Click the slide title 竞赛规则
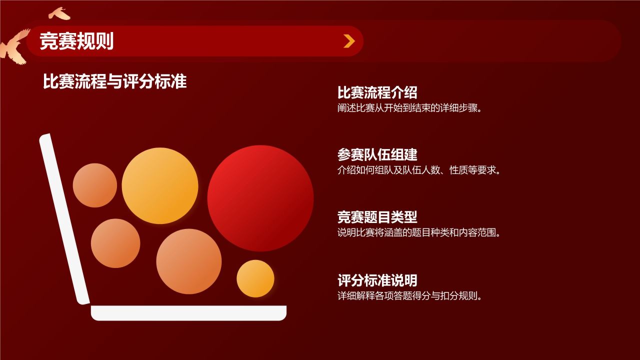76,41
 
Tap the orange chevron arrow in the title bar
349,41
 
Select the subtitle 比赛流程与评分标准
115,81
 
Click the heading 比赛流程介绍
377,92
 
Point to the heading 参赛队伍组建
377,154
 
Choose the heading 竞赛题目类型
377,217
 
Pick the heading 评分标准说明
377,280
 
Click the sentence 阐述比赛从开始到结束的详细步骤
410,108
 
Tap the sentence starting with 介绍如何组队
419,170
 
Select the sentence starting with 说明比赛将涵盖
419,232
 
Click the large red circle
260,198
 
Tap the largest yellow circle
160,185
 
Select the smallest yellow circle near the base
255,278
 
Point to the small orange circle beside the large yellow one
95,185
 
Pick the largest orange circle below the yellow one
188,261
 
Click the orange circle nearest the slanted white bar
115,243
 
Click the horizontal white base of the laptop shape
188,313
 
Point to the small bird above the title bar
59,13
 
